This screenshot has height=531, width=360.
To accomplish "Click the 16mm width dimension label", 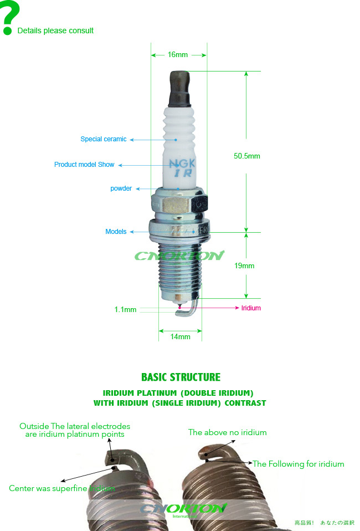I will pos(178,55).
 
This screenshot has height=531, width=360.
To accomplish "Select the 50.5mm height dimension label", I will pos(247,156).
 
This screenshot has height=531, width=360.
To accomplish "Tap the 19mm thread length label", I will pos(244,266).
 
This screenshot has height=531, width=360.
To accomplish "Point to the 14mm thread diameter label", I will pos(180,336).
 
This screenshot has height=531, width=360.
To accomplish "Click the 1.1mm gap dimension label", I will pos(125,310).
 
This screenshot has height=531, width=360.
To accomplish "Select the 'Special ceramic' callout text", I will pos(104,139).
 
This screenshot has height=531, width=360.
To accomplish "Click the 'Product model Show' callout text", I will pos(84,165).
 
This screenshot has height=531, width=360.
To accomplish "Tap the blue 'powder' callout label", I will pos(121,188).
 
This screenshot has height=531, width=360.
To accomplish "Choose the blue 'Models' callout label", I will pos(116,232).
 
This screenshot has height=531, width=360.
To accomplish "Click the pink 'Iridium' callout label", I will pos(251,308).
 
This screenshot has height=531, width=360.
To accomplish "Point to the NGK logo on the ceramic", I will pos(182,164).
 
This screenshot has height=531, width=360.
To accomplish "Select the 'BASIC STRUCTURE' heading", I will pos(181,377).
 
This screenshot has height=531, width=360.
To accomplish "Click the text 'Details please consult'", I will pos(55,31).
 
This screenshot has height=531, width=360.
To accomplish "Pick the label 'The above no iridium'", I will pos(227,432).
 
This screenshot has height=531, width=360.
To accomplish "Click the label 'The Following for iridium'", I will pos(299,464).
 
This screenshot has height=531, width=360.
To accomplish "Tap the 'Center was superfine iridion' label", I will pos(61,488).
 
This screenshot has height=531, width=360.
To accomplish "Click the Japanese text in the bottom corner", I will pos(324,523).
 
